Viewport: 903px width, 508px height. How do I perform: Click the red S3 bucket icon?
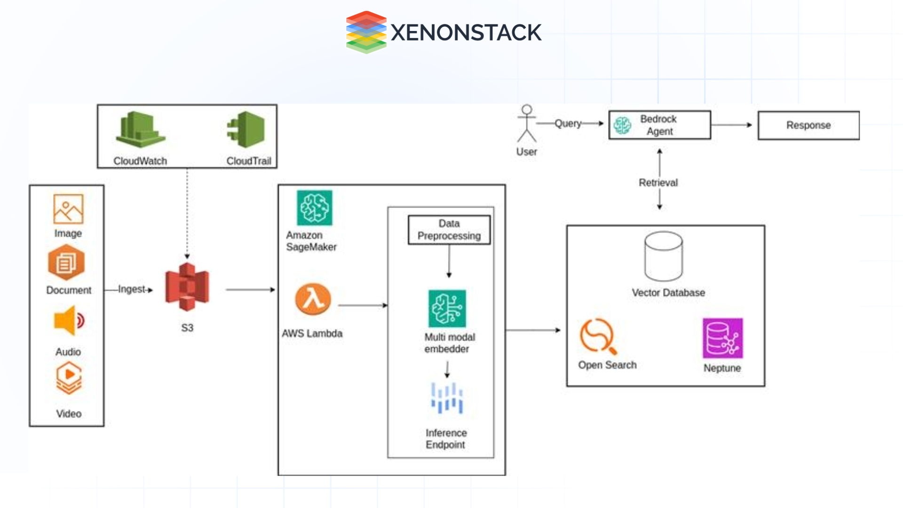[x=187, y=287]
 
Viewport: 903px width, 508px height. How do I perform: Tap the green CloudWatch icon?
[x=140, y=130]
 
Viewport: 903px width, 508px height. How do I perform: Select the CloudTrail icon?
[x=246, y=130]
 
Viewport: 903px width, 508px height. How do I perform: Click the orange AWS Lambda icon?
[x=313, y=299]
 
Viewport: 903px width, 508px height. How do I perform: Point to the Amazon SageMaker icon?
[x=315, y=208]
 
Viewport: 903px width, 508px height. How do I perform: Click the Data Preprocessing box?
[x=449, y=230]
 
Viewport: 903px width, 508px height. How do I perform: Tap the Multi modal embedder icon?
[x=447, y=309]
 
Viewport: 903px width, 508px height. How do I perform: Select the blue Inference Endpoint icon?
[x=447, y=398]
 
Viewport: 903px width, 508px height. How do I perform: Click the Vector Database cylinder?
[x=663, y=256]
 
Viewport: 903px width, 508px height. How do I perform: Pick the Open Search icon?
[x=597, y=336]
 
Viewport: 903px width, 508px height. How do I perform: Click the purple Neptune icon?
[x=722, y=338]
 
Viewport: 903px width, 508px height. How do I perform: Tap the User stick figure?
[x=526, y=124]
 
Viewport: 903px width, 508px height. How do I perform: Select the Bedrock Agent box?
[x=659, y=125]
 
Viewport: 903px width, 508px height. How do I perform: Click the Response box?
[x=808, y=125]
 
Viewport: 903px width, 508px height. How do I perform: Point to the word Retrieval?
[x=658, y=183]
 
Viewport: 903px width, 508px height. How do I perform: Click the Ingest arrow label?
[x=132, y=289]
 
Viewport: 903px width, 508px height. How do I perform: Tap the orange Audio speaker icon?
[x=69, y=321]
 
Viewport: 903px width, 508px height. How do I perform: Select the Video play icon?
[x=69, y=378]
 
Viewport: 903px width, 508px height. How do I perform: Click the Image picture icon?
[x=68, y=209]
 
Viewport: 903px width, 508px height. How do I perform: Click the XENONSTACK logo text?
[x=466, y=33]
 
